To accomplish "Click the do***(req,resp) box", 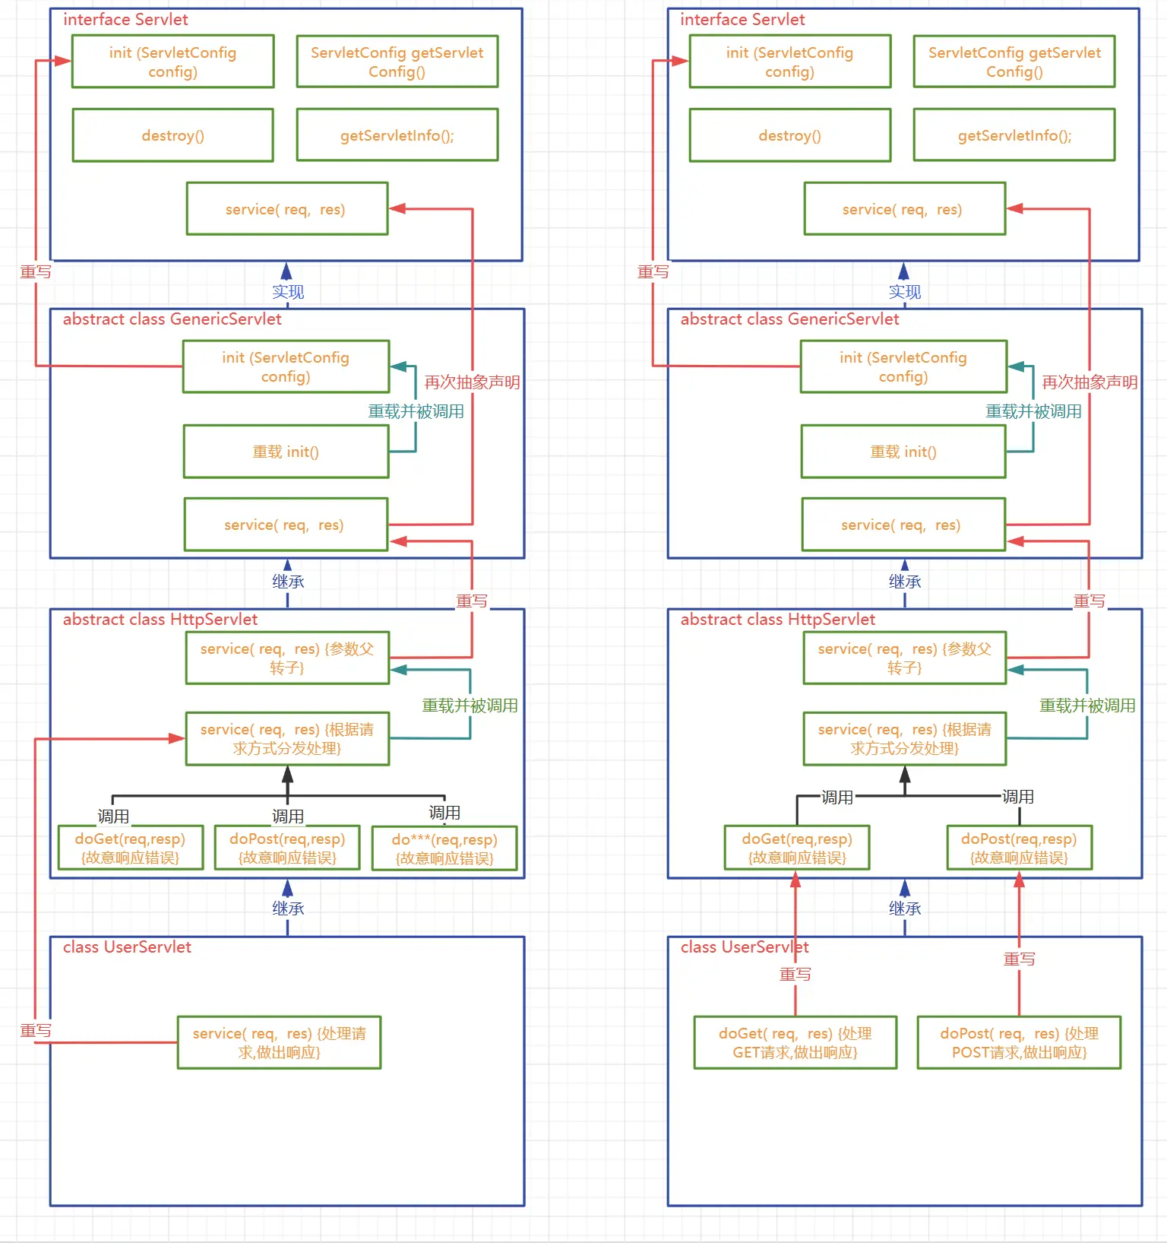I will point(444,848).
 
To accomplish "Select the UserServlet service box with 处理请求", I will point(279,1042).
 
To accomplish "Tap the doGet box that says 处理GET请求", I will point(795,1042).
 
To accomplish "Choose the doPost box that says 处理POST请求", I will point(1019,1042).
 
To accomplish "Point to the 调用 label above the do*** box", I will point(444,813).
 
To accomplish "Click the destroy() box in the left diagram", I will point(172,135).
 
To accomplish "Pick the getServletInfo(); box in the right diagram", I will point(1014,135).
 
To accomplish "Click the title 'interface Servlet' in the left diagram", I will point(125,20).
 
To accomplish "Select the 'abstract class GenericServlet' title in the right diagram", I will point(789,319).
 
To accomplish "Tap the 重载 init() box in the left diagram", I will point(286,452).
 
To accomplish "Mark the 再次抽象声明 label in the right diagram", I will point(1090,382).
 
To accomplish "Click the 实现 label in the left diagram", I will point(288,292).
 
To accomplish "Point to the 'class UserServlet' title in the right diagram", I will point(744,947).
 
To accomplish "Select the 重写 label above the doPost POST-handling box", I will point(1019,959).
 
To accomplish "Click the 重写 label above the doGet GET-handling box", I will point(795,975).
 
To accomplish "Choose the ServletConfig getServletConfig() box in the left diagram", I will point(397,62).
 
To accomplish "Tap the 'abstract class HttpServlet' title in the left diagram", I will point(160,620).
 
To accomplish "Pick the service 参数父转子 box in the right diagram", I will point(904,658).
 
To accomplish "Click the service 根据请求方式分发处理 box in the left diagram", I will point(287,738).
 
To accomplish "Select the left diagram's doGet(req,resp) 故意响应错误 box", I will point(130,848).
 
